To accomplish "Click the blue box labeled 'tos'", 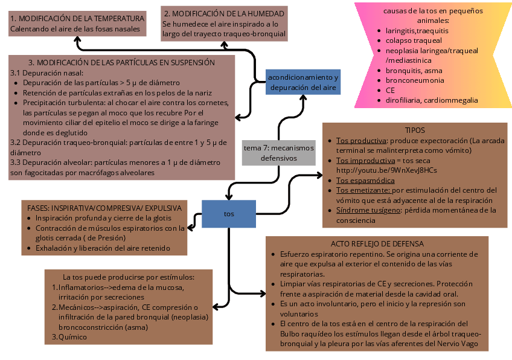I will [x=229, y=214].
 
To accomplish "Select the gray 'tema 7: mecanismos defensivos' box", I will [x=278, y=153].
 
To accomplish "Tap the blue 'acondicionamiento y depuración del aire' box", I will [x=303, y=82].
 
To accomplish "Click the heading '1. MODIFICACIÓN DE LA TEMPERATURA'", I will [x=77, y=18].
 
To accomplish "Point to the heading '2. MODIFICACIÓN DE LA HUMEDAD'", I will [x=224, y=13].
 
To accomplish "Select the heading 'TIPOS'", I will [x=415, y=130].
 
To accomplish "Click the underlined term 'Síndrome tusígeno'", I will [x=368, y=210].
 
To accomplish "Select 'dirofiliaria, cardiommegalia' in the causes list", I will [x=431, y=100].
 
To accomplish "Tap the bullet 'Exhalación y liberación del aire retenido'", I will [x=103, y=248].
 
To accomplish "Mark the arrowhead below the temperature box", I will [x=77, y=39].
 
